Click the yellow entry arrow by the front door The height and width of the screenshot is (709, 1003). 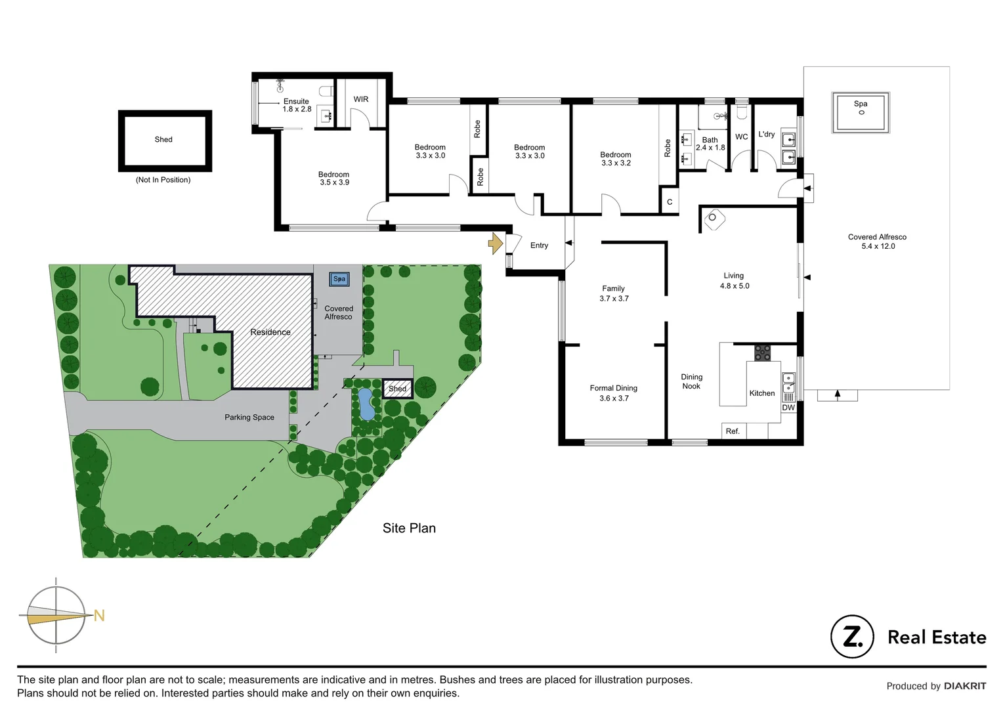(496, 244)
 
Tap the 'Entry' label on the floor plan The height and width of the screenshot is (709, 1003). (539, 246)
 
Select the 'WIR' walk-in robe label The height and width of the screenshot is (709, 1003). (361, 100)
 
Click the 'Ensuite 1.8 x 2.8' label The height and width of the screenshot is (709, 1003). (297, 106)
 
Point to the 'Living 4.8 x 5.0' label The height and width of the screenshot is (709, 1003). (734, 281)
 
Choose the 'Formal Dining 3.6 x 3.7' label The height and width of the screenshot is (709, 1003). (613, 393)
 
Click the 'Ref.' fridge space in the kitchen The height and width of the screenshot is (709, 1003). (733, 431)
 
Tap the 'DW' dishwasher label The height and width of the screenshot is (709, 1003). (788, 408)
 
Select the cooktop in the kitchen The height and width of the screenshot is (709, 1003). (762, 353)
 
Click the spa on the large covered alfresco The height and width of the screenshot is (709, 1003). (861, 112)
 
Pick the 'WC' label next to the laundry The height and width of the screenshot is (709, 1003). (741, 137)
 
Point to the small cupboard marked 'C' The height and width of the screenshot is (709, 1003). (669, 202)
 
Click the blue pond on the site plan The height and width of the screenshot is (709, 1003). (366, 404)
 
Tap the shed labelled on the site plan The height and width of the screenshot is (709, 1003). (397, 389)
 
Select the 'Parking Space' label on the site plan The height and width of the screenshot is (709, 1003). (249, 418)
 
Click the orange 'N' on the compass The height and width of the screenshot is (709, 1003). (99, 616)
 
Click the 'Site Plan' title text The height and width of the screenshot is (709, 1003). (409, 528)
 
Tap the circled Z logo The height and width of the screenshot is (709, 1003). (852, 637)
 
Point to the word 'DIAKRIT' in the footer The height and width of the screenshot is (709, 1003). (965, 686)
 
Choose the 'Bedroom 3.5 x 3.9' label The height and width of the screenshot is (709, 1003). (334, 179)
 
